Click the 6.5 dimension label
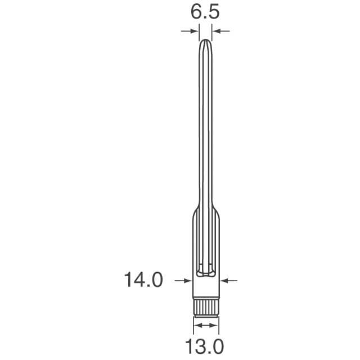205,12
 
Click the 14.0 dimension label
143,280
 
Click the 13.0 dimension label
204,346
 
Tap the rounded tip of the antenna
205,40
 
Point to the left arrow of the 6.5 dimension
190,31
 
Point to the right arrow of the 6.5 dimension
220,31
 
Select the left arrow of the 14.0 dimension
183,280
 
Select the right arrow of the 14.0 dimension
229,280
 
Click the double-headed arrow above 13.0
206,325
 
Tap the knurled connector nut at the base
206,308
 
